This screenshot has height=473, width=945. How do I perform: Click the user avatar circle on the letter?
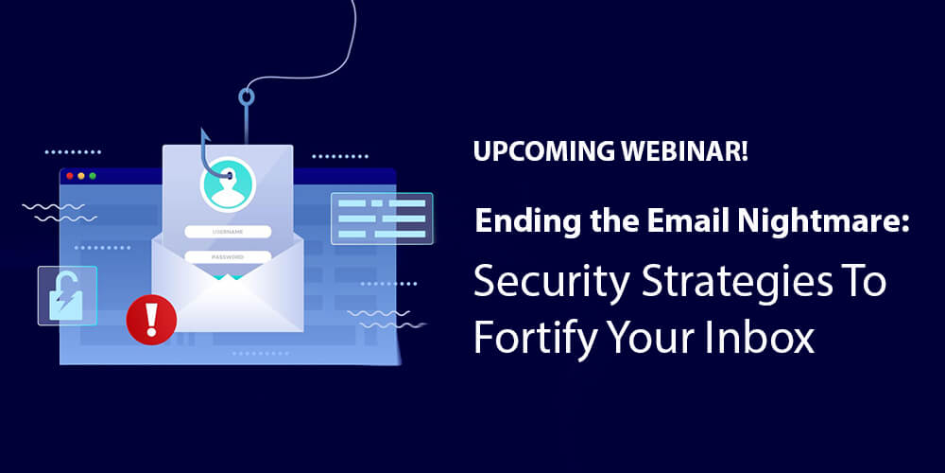click(x=228, y=183)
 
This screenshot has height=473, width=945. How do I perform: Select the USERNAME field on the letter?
click(x=228, y=232)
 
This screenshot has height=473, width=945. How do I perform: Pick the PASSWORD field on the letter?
click(x=228, y=256)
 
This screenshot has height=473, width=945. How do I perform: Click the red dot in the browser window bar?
click(x=68, y=176)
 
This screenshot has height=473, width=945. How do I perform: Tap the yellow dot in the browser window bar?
click(x=80, y=176)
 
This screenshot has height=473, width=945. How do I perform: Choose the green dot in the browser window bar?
click(x=93, y=176)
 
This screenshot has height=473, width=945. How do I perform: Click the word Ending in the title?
click(x=520, y=224)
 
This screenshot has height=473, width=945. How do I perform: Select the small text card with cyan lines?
click(x=381, y=219)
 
